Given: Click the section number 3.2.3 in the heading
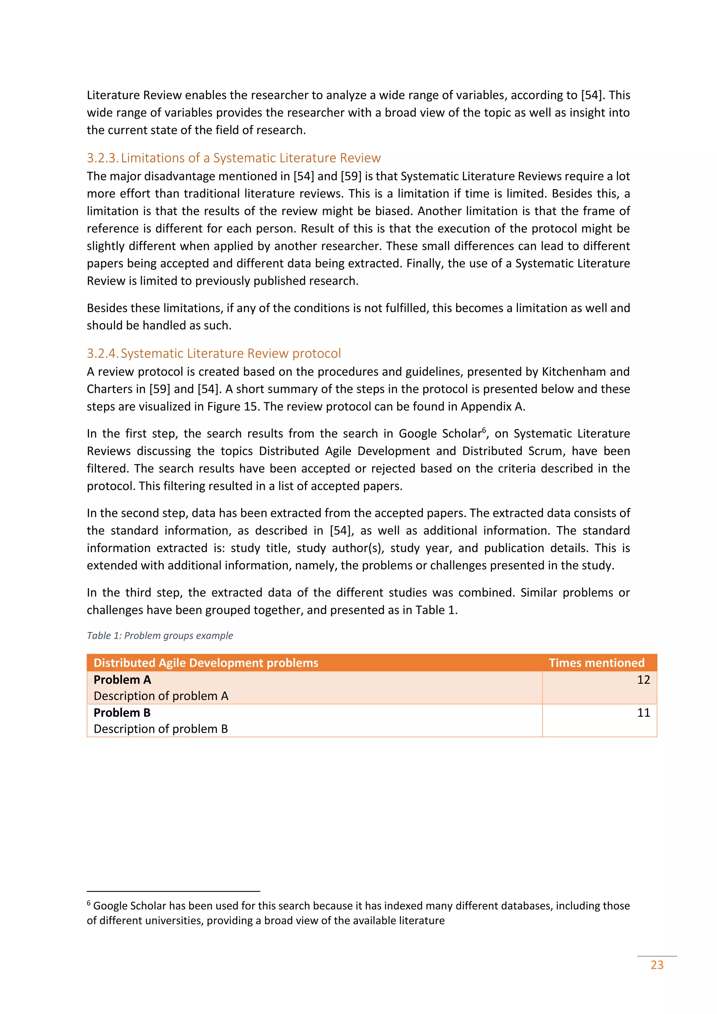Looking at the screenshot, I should (x=102, y=158).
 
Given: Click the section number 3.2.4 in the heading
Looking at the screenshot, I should (x=102, y=353).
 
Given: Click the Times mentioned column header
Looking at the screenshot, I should (x=597, y=662).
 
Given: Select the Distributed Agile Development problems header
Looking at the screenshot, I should (x=206, y=662).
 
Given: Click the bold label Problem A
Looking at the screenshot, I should (x=122, y=680).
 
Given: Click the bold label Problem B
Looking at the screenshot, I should (x=122, y=713).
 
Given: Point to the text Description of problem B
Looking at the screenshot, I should (x=161, y=729).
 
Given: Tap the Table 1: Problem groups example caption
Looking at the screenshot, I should (x=160, y=636).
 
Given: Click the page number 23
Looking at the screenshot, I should (x=657, y=965).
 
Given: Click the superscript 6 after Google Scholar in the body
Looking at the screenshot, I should (x=484, y=430).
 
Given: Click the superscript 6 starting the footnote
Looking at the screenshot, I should (x=89, y=903).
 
